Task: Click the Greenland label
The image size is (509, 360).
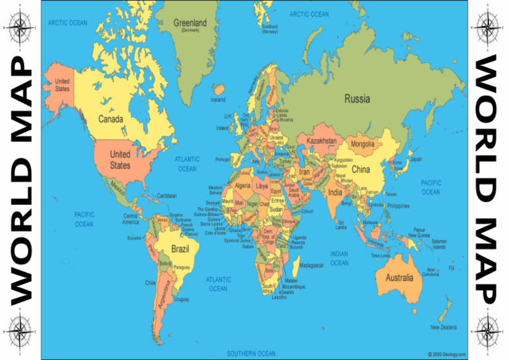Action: (190, 23)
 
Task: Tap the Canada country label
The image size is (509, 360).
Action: (110, 119)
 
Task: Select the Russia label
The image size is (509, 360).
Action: (357, 99)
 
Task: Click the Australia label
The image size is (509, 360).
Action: (399, 277)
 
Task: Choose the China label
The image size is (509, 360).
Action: (361, 169)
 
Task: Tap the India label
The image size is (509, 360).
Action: (336, 193)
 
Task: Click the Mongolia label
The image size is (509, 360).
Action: (363, 144)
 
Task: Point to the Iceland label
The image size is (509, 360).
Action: (218, 100)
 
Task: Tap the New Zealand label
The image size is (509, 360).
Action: (443, 327)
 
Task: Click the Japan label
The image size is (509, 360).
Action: (416, 159)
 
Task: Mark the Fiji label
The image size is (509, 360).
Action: (451, 268)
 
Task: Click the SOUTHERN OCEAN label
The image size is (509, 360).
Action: (251, 353)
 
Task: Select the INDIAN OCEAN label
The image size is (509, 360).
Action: (339, 259)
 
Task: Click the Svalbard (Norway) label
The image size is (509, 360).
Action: (270, 29)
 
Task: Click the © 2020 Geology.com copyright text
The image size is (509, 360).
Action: (447, 354)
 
